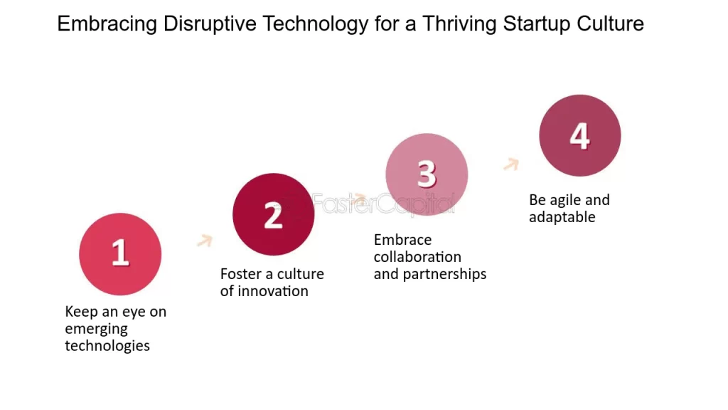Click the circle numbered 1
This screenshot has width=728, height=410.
click(x=120, y=254)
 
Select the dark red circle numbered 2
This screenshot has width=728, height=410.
click(x=274, y=214)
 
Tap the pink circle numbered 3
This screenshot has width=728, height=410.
click(x=427, y=175)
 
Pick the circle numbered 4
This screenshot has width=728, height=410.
click(x=580, y=135)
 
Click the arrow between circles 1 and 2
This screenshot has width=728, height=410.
click(x=205, y=241)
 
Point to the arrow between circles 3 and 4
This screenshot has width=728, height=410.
click(x=511, y=164)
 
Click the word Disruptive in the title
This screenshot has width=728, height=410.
click(x=210, y=23)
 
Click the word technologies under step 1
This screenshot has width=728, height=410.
click(x=107, y=346)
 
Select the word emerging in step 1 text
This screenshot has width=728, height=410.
click(x=96, y=329)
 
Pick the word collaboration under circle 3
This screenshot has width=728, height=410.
click(x=417, y=256)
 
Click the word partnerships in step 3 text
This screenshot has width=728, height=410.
click(x=444, y=274)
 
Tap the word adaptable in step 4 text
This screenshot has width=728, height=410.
click(x=562, y=217)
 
